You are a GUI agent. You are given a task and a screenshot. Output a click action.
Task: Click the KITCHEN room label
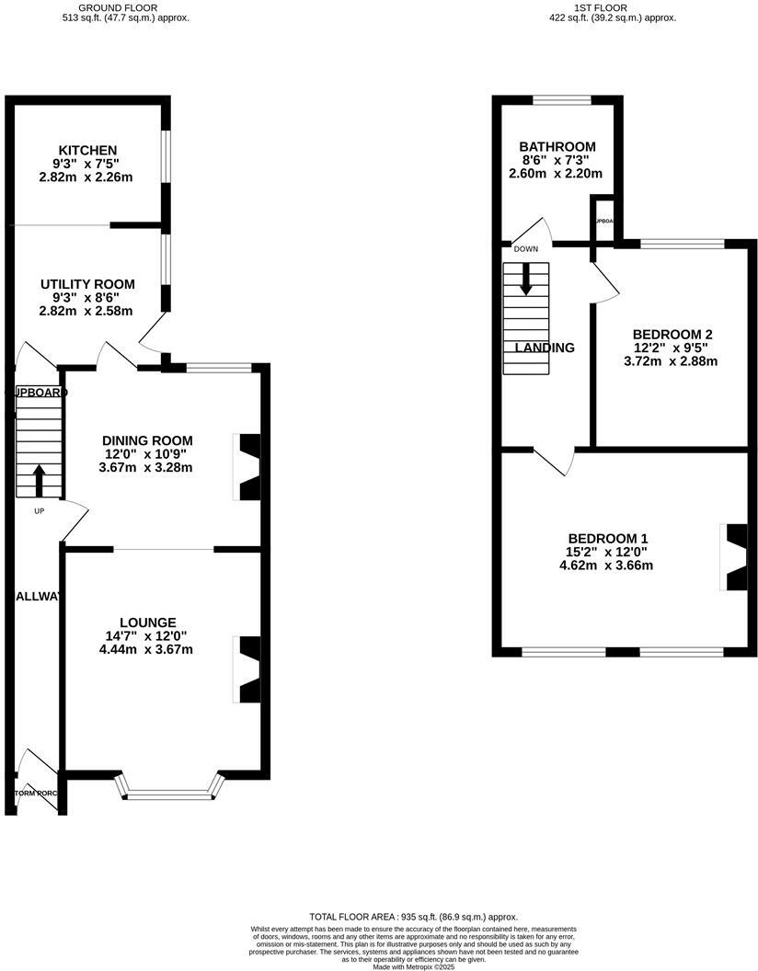pyautogui.click(x=87, y=150)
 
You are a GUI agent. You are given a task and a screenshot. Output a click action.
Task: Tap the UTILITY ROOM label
pyautogui.click(x=87, y=284)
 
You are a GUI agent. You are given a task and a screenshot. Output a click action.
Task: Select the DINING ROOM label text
pyautogui.click(x=147, y=440)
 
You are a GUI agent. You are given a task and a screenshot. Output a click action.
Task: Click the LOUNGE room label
pyautogui.click(x=147, y=623)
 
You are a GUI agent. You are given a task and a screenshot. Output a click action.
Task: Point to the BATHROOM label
pyautogui.click(x=557, y=146)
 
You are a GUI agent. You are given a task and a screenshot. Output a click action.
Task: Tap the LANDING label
pyautogui.click(x=545, y=348)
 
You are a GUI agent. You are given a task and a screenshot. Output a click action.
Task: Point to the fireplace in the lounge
pyautogui.click(x=247, y=669)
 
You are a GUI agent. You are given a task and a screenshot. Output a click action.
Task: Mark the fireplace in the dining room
pyautogui.click(x=247, y=467)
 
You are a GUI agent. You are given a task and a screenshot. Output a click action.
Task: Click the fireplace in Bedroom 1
pyautogui.click(x=735, y=557)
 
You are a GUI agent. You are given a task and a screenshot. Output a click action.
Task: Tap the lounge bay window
pyautogui.click(x=169, y=788)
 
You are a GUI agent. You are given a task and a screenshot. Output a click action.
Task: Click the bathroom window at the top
pyautogui.click(x=561, y=99)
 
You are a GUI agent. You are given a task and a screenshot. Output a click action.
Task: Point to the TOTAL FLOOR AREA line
pyautogui.click(x=413, y=917)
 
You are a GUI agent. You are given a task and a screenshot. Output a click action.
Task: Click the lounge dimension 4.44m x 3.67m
pyautogui.click(x=147, y=649)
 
